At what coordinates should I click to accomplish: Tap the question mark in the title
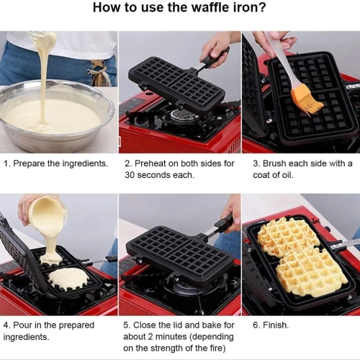(x=263, y=7)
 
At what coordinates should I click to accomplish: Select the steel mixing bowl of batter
(x=57, y=115)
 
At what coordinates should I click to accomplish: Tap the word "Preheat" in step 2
(x=150, y=163)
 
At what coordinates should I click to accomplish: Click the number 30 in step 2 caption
(x=130, y=175)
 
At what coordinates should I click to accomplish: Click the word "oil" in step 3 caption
(x=287, y=175)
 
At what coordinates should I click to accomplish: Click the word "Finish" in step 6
(x=275, y=325)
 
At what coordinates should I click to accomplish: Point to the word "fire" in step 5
(x=216, y=348)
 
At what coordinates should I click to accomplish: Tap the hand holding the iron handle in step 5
(x=232, y=215)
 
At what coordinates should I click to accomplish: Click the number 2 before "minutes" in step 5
(x=150, y=337)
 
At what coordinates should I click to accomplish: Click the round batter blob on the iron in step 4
(x=69, y=279)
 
